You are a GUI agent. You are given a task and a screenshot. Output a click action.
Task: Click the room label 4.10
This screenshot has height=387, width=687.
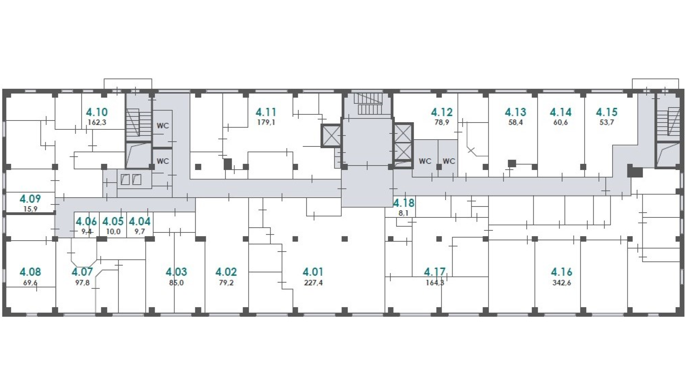point(97,112)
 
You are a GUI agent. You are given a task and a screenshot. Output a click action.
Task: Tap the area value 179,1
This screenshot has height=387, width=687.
point(266,122)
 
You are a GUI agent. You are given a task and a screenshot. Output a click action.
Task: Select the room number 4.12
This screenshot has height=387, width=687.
point(442,112)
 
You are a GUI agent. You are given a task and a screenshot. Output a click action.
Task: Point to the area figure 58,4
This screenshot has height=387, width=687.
point(515,122)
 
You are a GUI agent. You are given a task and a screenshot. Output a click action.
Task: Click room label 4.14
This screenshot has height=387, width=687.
point(561,112)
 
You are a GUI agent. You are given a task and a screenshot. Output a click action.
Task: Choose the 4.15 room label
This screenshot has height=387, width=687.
point(607,112)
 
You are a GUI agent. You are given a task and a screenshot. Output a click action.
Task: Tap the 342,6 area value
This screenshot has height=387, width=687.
point(562,283)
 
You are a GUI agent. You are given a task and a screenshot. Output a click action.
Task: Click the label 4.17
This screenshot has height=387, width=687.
point(435,272)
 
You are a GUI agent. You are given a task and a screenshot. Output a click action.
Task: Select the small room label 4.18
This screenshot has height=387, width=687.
point(404,203)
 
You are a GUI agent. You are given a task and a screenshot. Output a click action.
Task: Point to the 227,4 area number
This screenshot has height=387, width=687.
point(313,283)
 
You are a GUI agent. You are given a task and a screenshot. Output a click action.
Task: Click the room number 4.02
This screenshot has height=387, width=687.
point(226,272)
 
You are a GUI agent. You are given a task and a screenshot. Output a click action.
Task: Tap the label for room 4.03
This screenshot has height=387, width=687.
point(177,272)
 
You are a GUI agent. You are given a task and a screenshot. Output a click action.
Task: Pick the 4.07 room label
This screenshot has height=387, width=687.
point(82,272)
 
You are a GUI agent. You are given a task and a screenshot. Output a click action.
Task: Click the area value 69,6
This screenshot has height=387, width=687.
point(30,283)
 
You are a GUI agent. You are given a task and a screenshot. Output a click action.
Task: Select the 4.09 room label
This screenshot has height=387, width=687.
point(30,199)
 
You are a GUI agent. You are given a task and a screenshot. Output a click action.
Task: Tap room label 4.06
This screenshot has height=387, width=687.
point(87,221)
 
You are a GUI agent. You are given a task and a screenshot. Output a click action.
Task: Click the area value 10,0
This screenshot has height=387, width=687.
point(113,231)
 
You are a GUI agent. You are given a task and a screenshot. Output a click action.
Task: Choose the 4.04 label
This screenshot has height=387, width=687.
point(140,221)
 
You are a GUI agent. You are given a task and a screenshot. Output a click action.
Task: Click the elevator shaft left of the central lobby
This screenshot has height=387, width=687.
point(331,135)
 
